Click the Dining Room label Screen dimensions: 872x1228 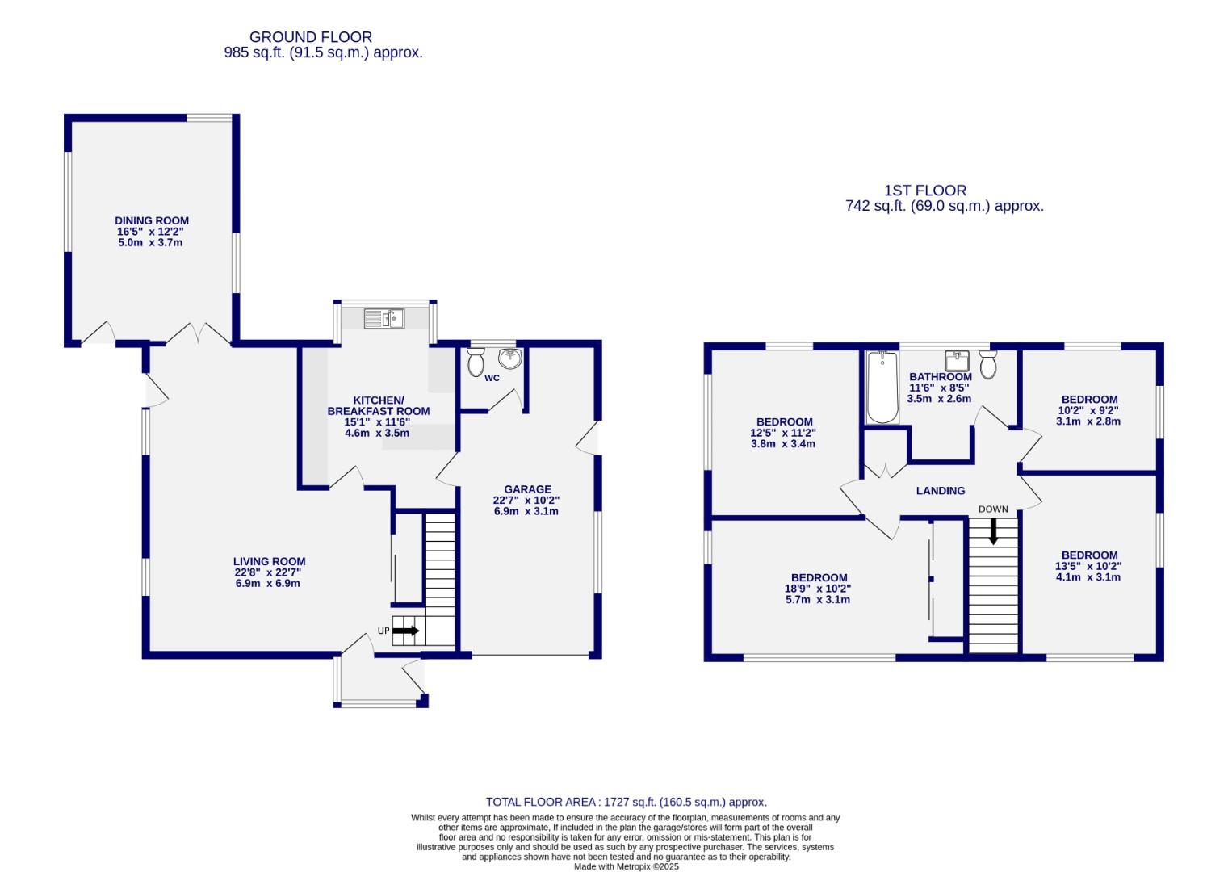point(152,220)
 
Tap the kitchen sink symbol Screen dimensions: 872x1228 point(383,319)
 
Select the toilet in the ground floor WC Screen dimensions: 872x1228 point(476,362)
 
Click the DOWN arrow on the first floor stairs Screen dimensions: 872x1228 point(993,530)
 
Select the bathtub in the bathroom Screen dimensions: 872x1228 point(882,388)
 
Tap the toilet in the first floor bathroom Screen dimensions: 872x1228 point(988,365)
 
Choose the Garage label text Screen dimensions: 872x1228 point(527,489)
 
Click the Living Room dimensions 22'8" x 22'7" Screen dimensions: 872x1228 point(269,572)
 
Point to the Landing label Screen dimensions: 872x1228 point(941,490)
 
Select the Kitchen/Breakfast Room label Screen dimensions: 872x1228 point(378,405)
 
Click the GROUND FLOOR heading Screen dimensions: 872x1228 point(311,37)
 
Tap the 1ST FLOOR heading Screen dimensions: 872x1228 point(925,191)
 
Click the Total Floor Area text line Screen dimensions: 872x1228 point(626,802)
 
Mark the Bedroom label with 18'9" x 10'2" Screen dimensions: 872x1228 point(819,577)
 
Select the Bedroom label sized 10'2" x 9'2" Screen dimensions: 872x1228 point(1089,399)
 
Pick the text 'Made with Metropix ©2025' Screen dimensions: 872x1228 point(626,866)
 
